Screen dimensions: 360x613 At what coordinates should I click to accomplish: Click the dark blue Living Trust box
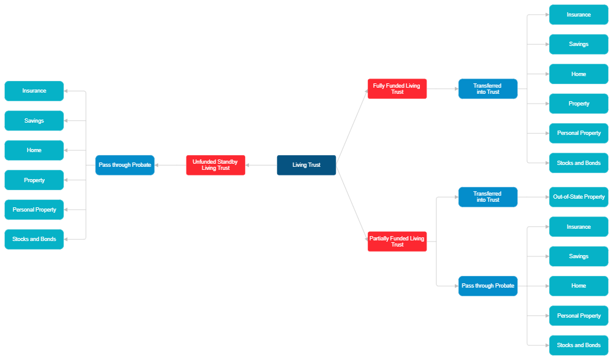(306, 165)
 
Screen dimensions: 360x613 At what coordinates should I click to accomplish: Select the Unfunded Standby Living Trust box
(216, 165)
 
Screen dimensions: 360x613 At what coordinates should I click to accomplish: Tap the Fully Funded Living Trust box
(397, 89)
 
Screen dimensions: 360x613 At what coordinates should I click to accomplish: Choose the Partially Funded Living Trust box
(397, 242)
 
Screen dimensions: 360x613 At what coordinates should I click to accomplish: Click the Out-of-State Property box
(579, 197)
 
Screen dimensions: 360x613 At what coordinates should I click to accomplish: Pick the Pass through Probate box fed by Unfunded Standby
(125, 165)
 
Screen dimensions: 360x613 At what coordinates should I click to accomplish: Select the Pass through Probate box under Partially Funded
(488, 286)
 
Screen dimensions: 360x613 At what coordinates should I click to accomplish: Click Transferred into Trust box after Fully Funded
(488, 89)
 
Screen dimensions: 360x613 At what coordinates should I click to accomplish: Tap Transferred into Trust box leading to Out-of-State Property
(488, 197)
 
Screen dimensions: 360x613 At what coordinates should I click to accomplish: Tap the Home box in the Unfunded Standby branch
(34, 150)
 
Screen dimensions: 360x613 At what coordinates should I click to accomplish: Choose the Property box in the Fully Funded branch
(579, 104)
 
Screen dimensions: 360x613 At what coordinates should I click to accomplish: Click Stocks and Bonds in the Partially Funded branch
(579, 345)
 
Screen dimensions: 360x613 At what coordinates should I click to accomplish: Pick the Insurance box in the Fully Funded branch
(579, 15)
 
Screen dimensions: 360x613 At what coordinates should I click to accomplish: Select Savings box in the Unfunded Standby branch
(34, 121)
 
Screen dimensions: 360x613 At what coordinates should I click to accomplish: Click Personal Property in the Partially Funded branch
(579, 316)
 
